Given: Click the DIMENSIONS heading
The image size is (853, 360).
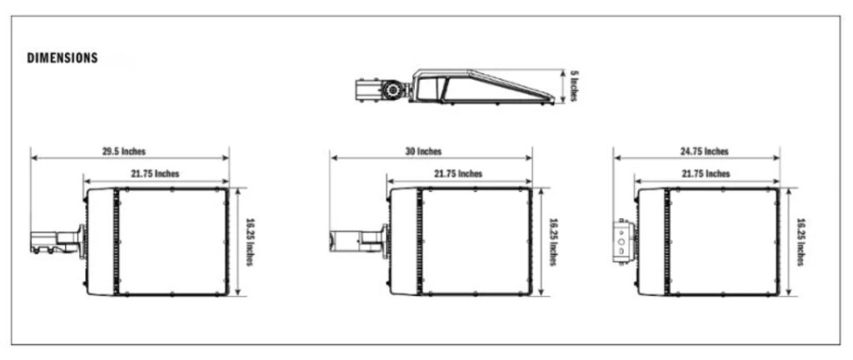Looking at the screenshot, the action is click(x=62, y=58).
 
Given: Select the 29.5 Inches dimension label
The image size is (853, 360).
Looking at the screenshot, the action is click(x=124, y=152).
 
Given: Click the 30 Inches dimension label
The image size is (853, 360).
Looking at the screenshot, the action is click(x=424, y=152).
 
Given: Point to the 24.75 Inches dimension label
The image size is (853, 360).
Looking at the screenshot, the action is click(x=705, y=152).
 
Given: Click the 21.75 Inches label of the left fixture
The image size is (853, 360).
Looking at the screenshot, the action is click(x=156, y=174).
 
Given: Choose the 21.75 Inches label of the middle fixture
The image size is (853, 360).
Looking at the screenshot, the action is click(x=459, y=174).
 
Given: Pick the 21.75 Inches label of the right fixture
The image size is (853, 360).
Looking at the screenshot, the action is click(x=706, y=174).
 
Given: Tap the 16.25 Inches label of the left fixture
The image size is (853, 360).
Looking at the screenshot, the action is click(x=250, y=242).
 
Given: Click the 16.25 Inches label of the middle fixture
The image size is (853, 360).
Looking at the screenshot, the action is click(x=553, y=242).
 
